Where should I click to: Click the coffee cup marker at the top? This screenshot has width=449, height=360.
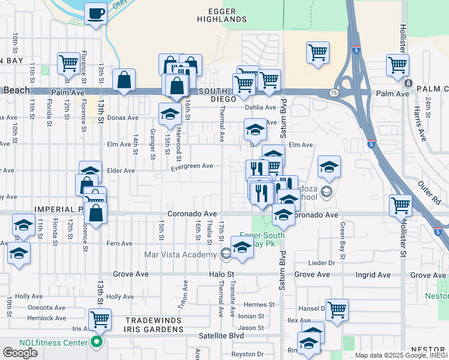[x=95, y=13]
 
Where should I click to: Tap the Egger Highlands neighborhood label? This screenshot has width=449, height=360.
[x=222, y=14]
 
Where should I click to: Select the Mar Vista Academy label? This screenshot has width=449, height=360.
[x=180, y=254]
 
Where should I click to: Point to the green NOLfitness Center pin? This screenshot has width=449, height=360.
[x=95, y=343]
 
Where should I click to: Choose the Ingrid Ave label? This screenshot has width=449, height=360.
[x=373, y=275]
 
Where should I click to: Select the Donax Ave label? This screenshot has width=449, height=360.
[x=123, y=118]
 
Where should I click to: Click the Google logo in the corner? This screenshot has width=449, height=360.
[x=20, y=352]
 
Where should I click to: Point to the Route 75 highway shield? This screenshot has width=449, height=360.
[x=333, y=93]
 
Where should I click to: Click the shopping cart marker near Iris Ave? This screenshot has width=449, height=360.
[x=100, y=319]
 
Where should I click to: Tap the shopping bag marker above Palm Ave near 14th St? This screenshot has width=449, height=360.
[x=124, y=80]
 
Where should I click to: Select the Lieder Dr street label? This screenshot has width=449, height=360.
[x=321, y=263]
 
